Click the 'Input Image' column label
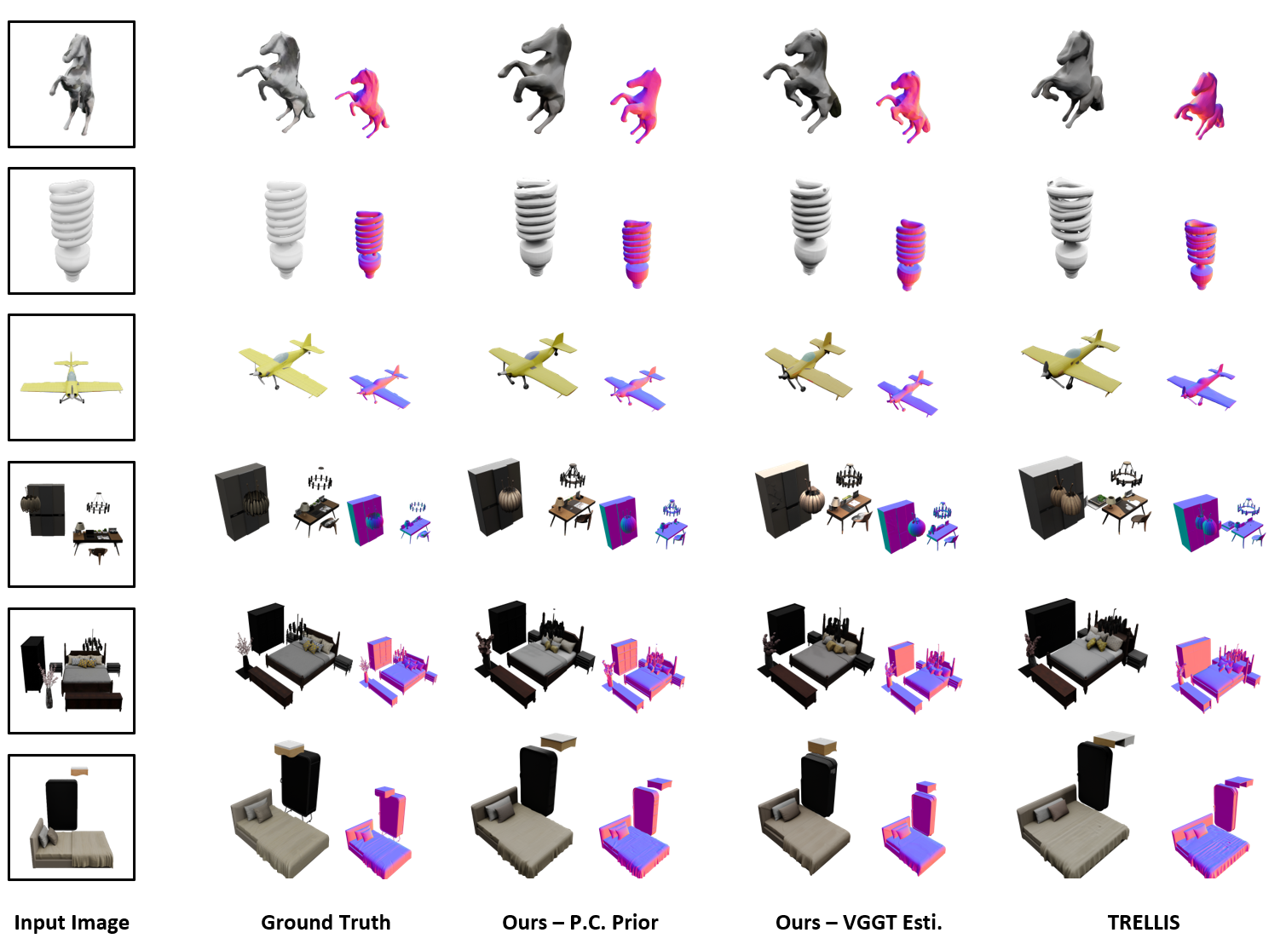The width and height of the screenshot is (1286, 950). (x=72, y=922)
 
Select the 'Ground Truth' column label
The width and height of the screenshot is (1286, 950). (x=326, y=922)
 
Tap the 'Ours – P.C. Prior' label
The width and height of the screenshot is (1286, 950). (x=580, y=922)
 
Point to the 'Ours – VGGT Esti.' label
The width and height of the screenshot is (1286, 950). (x=858, y=922)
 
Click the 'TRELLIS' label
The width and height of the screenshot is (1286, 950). (x=1144, y=922)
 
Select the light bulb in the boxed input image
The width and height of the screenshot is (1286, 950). (x=72, y=230)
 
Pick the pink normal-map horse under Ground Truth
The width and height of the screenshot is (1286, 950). (x=364, y=102)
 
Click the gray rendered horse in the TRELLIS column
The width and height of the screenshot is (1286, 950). (x=1068, y=78)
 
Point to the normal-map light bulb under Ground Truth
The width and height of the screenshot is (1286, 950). (x=369, y=244)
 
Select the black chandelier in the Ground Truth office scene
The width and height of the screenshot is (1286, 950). (x=320, y=479)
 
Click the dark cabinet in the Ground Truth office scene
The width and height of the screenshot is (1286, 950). (x=242, y=501)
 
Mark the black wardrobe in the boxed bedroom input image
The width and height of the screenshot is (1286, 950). (x=32, y=665)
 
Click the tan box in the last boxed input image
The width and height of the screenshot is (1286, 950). (x=79, y=771)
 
